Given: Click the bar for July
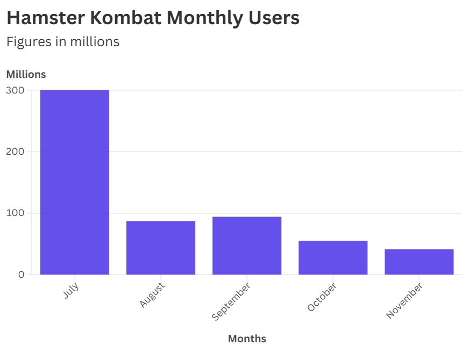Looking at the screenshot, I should point(75,182).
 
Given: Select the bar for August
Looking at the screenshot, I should point(161,248).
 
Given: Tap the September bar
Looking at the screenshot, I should point(247,246).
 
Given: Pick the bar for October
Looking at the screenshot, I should point(333,257).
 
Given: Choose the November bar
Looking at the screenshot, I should point(419,262).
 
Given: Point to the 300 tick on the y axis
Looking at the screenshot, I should point(16,90).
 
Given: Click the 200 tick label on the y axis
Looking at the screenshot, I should point(16,152).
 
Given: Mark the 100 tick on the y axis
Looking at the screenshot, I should point(16,213).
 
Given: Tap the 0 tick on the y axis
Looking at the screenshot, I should point(21,275).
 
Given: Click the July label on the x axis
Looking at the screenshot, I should point(71,290).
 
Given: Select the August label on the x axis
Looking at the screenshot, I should point(152,294).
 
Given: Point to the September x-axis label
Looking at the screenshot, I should point(231,301).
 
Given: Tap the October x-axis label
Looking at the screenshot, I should point(322,297).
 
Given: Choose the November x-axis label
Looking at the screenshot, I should point(404,300).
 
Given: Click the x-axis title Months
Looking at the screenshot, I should point(247,339).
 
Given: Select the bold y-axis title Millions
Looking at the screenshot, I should point(26,74).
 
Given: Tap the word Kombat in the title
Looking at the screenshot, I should point(124,18).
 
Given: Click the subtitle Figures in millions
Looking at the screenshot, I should point(62,41).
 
